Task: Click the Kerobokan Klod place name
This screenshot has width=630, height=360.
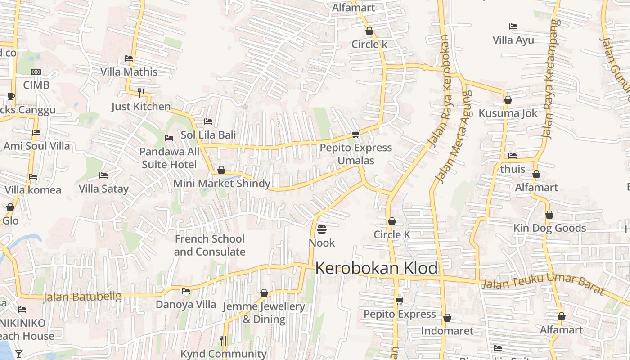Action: pos(376,268)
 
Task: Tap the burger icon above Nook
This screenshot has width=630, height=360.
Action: pos(321,229)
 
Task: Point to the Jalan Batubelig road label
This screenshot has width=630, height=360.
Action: pos(82,297)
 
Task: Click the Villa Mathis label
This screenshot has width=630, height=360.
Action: pos(129,72)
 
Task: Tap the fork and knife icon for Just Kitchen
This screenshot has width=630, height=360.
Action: pos(141,93)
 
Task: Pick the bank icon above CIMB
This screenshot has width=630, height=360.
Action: pos(36,72)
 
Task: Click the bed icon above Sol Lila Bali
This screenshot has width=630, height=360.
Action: pos(208,121)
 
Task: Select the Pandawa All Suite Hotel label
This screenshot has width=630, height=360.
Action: pos(169,158)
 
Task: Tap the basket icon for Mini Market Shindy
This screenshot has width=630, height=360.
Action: pos(221,170)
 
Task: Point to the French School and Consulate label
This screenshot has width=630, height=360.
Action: pos(210,245)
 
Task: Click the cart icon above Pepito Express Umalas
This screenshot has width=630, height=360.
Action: pos(355,134)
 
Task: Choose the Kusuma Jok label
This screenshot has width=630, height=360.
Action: pos(508,113)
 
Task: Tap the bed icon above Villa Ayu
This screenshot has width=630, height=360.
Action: pos(513,27)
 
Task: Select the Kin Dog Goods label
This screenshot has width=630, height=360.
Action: pos(549,228)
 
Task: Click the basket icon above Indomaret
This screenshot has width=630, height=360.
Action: pos(447,318)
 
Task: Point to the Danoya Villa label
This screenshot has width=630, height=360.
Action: pos(186,305)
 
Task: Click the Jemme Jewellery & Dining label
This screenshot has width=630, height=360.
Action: pos(264,313)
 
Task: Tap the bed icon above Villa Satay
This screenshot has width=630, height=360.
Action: pos(103,175)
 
